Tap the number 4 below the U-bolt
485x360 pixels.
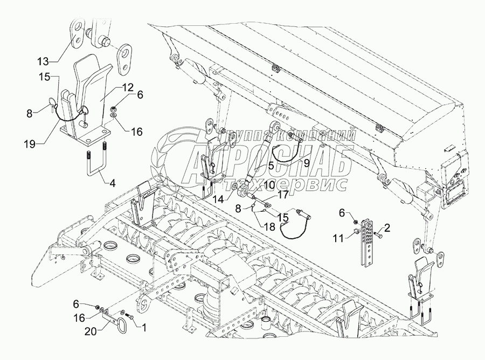(x=112, y=183)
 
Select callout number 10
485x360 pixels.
(x=269, y=185)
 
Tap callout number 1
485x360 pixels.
(x=143, y=327)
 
